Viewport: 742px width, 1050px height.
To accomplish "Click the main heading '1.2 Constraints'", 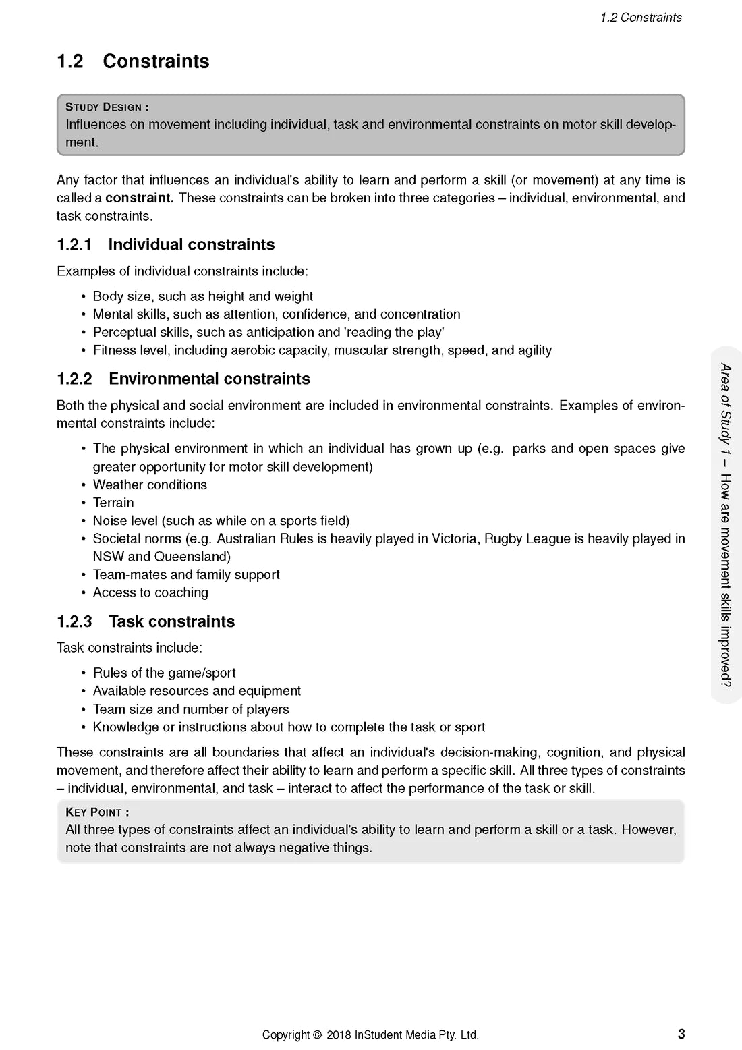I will click(133, 61).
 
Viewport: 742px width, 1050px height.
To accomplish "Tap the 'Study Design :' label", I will click(107, 107).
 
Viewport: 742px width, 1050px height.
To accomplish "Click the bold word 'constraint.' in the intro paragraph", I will click(139, 198).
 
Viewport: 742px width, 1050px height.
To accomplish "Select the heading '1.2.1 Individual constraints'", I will click(165, 244).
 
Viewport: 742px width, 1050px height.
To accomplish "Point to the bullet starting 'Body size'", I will click(202, 296).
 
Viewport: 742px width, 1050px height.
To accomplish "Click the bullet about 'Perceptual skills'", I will click(268, 332).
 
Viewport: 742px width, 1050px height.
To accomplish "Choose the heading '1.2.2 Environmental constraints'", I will click(183, 379).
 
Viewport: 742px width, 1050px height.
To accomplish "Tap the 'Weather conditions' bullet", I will click(150, 485).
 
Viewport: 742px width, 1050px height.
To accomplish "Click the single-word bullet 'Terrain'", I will click(113, 503).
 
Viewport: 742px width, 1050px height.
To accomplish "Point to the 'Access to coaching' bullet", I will click(150, 592).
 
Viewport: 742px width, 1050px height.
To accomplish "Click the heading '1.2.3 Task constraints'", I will click(146, 621).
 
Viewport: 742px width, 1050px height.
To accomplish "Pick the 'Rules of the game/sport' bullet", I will click(164, 673).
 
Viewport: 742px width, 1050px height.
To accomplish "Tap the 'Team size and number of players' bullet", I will click(191, 709).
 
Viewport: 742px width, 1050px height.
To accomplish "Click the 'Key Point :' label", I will click(97, 812).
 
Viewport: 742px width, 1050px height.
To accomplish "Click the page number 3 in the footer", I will click(681, 1034).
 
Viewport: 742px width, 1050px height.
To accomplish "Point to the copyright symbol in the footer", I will click(316, 1035).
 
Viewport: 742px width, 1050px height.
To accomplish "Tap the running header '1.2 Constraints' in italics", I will click(641, 18).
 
